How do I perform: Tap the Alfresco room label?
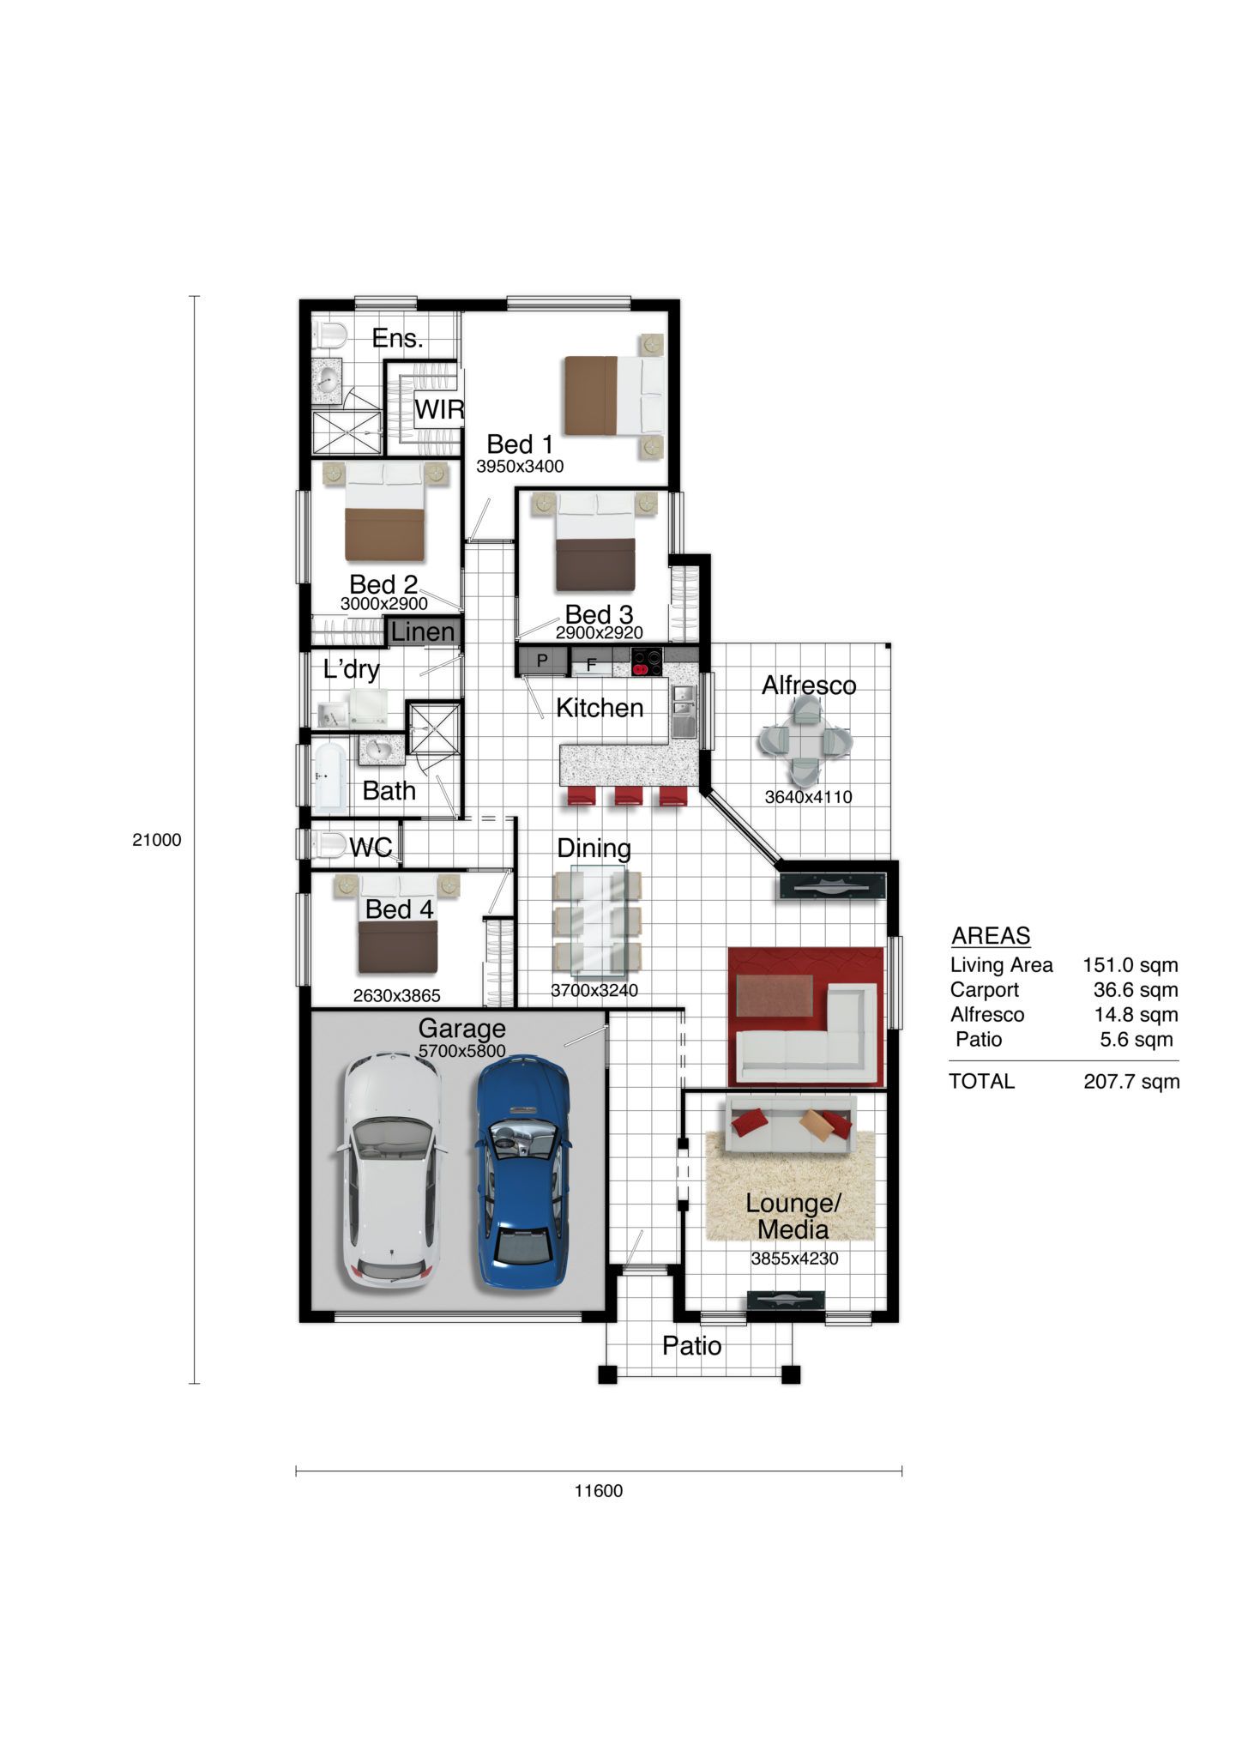click(x=809, y=685)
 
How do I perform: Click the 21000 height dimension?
click(x=157, y=840)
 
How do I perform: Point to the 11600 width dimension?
click(x=599, y=1490)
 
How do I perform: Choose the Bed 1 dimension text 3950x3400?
click(x=520, y=466)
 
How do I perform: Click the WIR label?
click(x=439, y=409)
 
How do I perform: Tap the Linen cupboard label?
click(x=423, y=631)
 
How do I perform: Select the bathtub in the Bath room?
click(x=329, y=778)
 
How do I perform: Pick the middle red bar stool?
click(x=628, y=797)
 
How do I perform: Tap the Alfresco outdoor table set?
click(x=805, y=740)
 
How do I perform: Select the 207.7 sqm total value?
click(x=1131, y=1081)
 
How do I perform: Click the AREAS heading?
click(x=991, y=935)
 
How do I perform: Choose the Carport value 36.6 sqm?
click(x=1136, y=989)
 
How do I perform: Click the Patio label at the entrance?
click(x=691, y=1345)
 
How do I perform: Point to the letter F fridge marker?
click(x=591, y=664)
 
